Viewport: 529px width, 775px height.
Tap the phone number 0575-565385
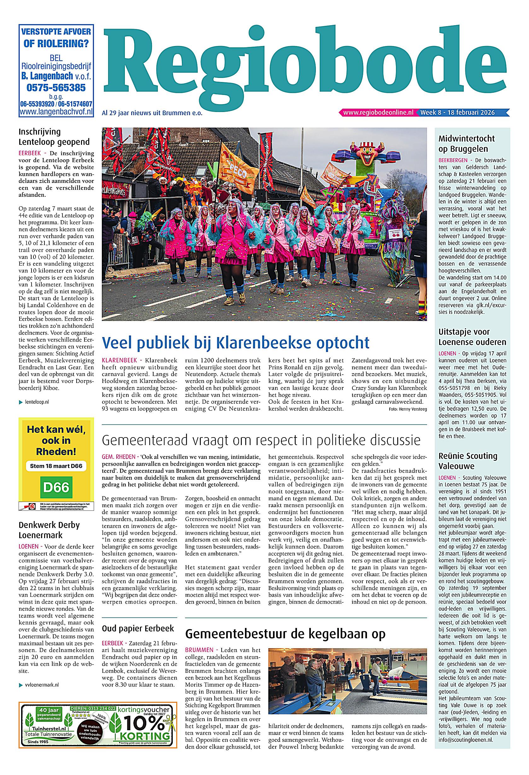point(56,88)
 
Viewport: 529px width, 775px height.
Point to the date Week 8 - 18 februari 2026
point(457,113)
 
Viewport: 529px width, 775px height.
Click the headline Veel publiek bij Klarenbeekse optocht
point(236,343)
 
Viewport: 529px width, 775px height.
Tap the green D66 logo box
point(56,488)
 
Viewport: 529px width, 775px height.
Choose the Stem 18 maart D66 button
point(56,466)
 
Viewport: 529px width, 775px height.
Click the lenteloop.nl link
point(37,402)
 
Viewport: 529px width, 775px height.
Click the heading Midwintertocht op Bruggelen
point(466,144)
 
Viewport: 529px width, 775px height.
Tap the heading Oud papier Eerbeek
point(138,629)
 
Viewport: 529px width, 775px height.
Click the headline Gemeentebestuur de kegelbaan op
point(285,633)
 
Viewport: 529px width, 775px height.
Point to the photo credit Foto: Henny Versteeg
point(408,409)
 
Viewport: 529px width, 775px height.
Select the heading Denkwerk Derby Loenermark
point(49,530)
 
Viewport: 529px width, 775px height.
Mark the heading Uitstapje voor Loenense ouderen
point(472,337)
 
